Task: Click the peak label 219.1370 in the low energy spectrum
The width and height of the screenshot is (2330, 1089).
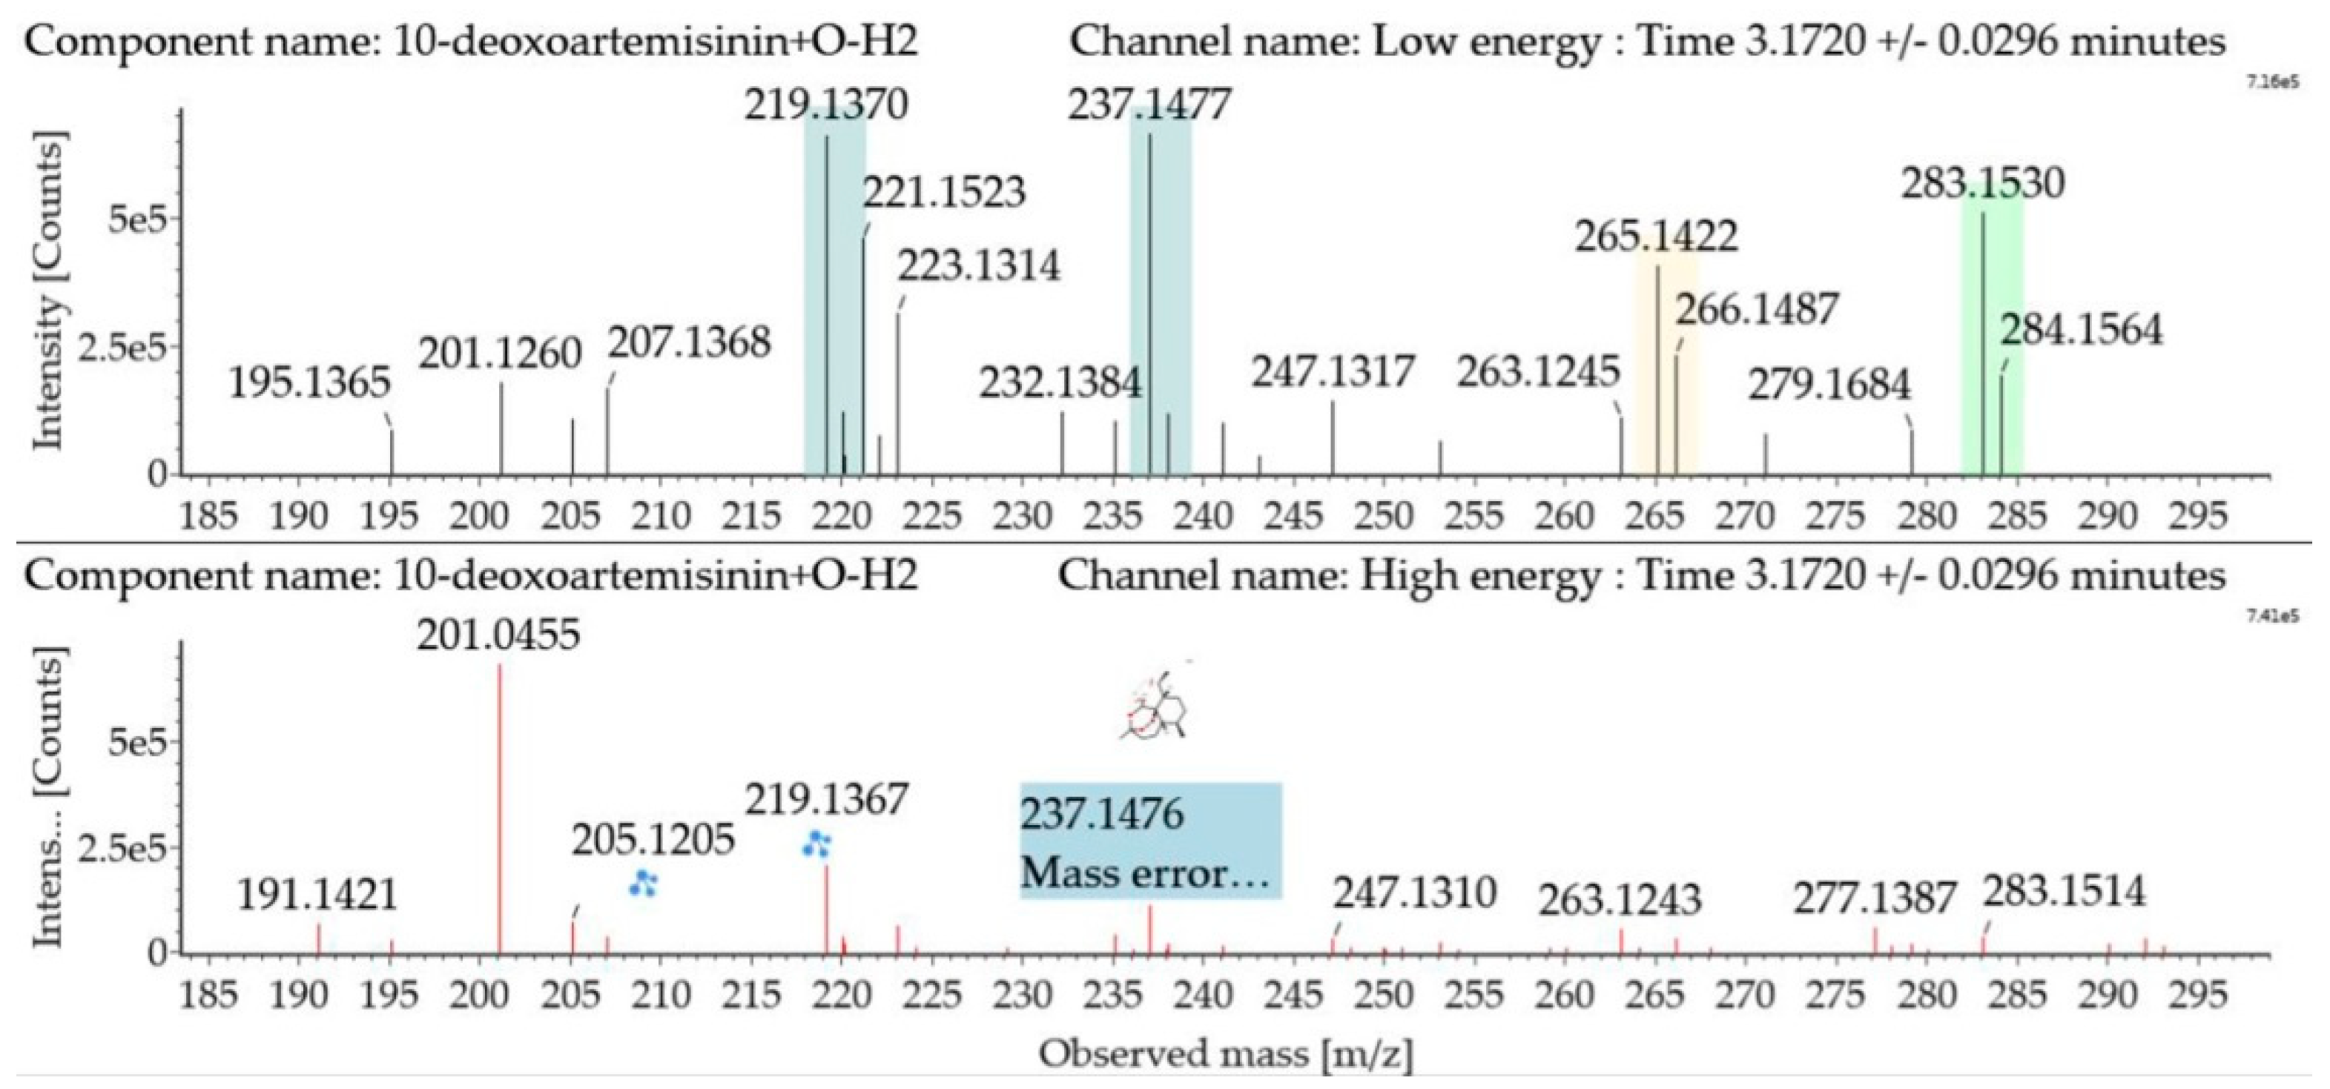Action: coord(826,106)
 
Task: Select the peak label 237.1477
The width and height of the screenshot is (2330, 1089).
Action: coord(1149,106)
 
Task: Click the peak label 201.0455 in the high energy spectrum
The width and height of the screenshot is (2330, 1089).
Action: coord(498,636)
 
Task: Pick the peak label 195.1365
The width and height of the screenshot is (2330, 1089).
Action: coord(308,383)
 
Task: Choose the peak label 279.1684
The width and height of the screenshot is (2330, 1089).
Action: coord(1829,386)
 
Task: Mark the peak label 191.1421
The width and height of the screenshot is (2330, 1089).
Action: coord(317,896)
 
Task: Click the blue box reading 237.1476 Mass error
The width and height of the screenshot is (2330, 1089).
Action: coord(1150,841)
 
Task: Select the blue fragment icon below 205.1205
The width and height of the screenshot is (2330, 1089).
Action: coord(643,883)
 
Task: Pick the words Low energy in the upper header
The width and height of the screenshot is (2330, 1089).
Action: coord(1475,42)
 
